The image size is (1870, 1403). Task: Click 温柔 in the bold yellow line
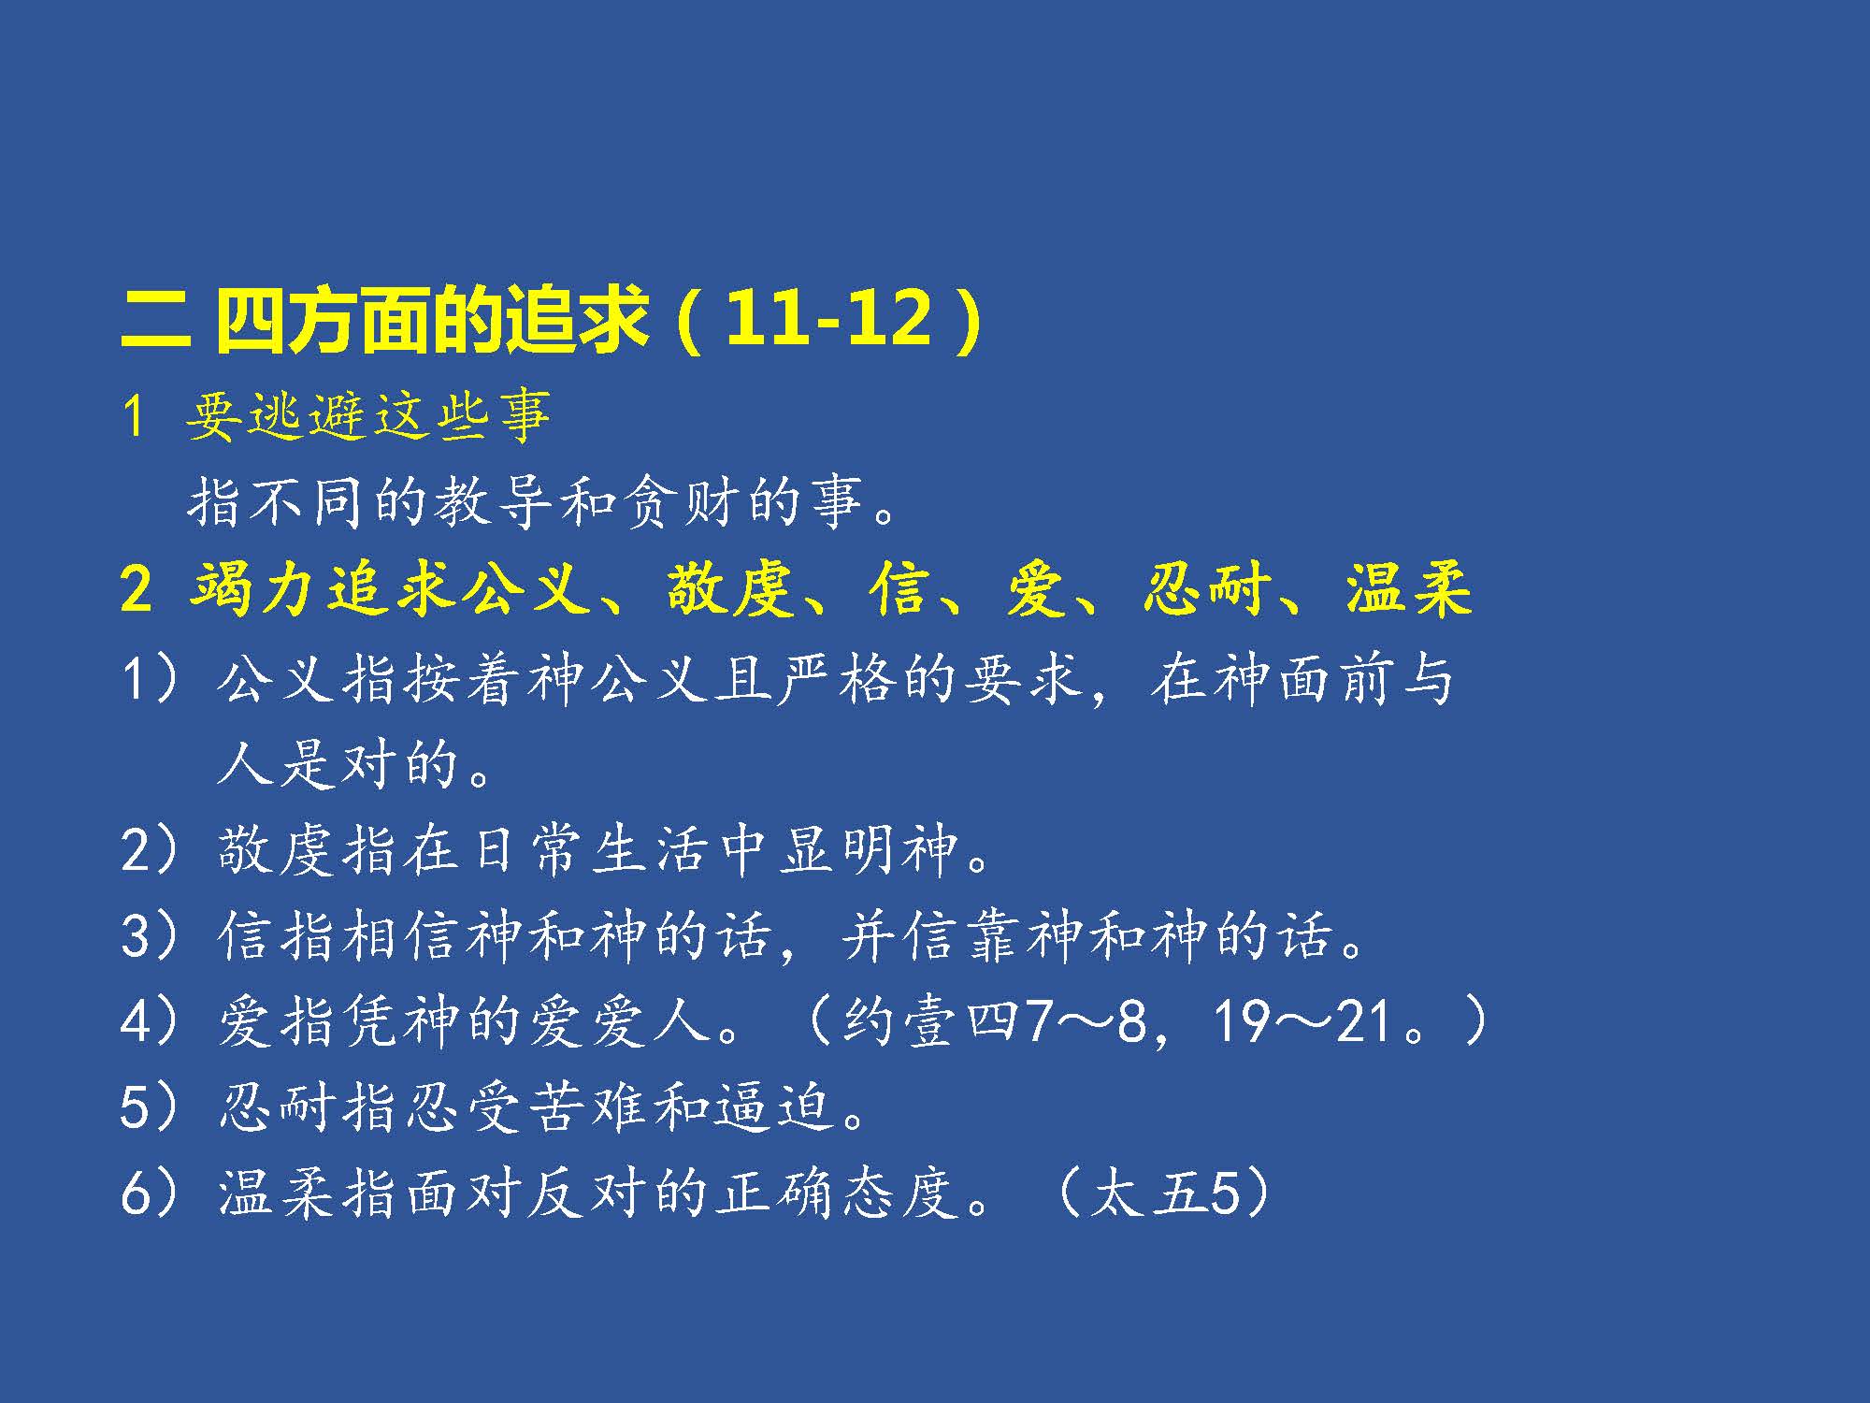click(1409, 590)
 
